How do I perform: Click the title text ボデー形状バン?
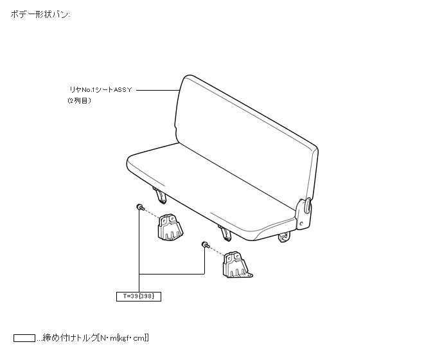tap(40, 14)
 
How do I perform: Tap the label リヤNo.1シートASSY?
tap(101, 91)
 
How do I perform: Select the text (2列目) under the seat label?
tap(80, 101)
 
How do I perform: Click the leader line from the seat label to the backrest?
tap(157, 91)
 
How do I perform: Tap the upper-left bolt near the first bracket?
tap(139, 206)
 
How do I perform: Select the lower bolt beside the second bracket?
tap(204, 244)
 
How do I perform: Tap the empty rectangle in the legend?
tap(24, 337)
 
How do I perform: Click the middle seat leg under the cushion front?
tap(224, 232)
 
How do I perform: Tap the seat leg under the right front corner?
tap(283, 239)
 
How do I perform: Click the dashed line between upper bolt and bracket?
tap(152, 213)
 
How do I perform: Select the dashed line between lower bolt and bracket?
tap(217, 251)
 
